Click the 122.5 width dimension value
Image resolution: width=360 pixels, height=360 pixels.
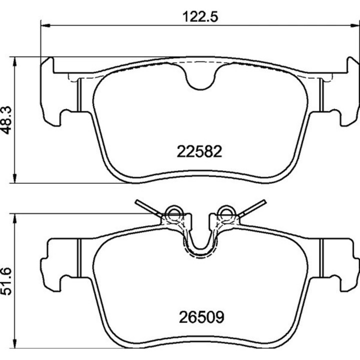200,17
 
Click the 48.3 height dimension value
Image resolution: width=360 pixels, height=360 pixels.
6,120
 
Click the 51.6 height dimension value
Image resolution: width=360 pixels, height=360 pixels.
6,281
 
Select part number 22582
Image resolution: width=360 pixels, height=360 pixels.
199,151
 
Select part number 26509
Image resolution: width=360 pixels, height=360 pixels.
201,317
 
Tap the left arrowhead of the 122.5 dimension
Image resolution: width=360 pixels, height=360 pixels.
45,25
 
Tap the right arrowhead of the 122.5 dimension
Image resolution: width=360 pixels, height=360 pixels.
355,25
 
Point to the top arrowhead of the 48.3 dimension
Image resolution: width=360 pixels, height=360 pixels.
14,61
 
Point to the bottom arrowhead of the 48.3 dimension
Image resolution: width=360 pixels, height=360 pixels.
14,178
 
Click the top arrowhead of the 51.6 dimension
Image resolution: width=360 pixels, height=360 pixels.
14,218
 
